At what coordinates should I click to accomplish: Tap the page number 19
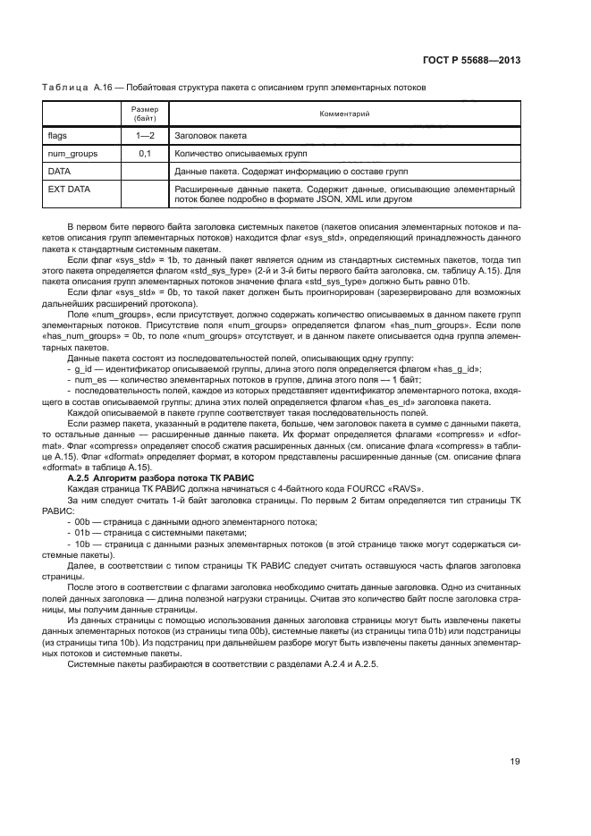[x=515, y=761]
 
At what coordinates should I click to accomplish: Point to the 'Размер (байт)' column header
[x=146, y=114]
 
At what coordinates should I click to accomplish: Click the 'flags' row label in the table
[x=58, y=137]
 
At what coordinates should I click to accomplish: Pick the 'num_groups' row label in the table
[x=72, y=154]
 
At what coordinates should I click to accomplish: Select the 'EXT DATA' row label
[x=68, y=189]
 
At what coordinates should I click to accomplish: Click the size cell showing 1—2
[x=146, y=137]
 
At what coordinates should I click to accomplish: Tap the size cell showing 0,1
[x=146, y=154]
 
